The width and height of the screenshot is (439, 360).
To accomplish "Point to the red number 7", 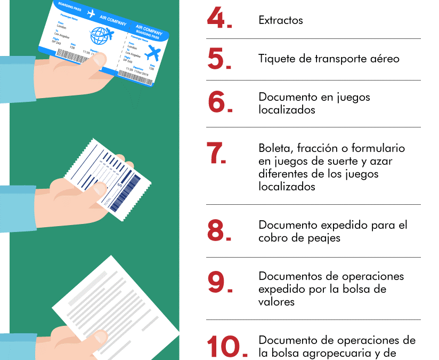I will coord(216,154).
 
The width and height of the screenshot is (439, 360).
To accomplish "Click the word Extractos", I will coord(281,21).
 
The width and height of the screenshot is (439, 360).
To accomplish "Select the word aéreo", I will coord(384,59).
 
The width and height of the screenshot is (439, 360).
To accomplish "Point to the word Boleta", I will coord(274,148).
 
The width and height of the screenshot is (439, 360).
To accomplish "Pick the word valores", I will coord(277,302).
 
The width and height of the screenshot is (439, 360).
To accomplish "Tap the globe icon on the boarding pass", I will coord(101,36).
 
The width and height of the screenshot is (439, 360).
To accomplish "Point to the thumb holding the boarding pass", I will coord(96,60).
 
